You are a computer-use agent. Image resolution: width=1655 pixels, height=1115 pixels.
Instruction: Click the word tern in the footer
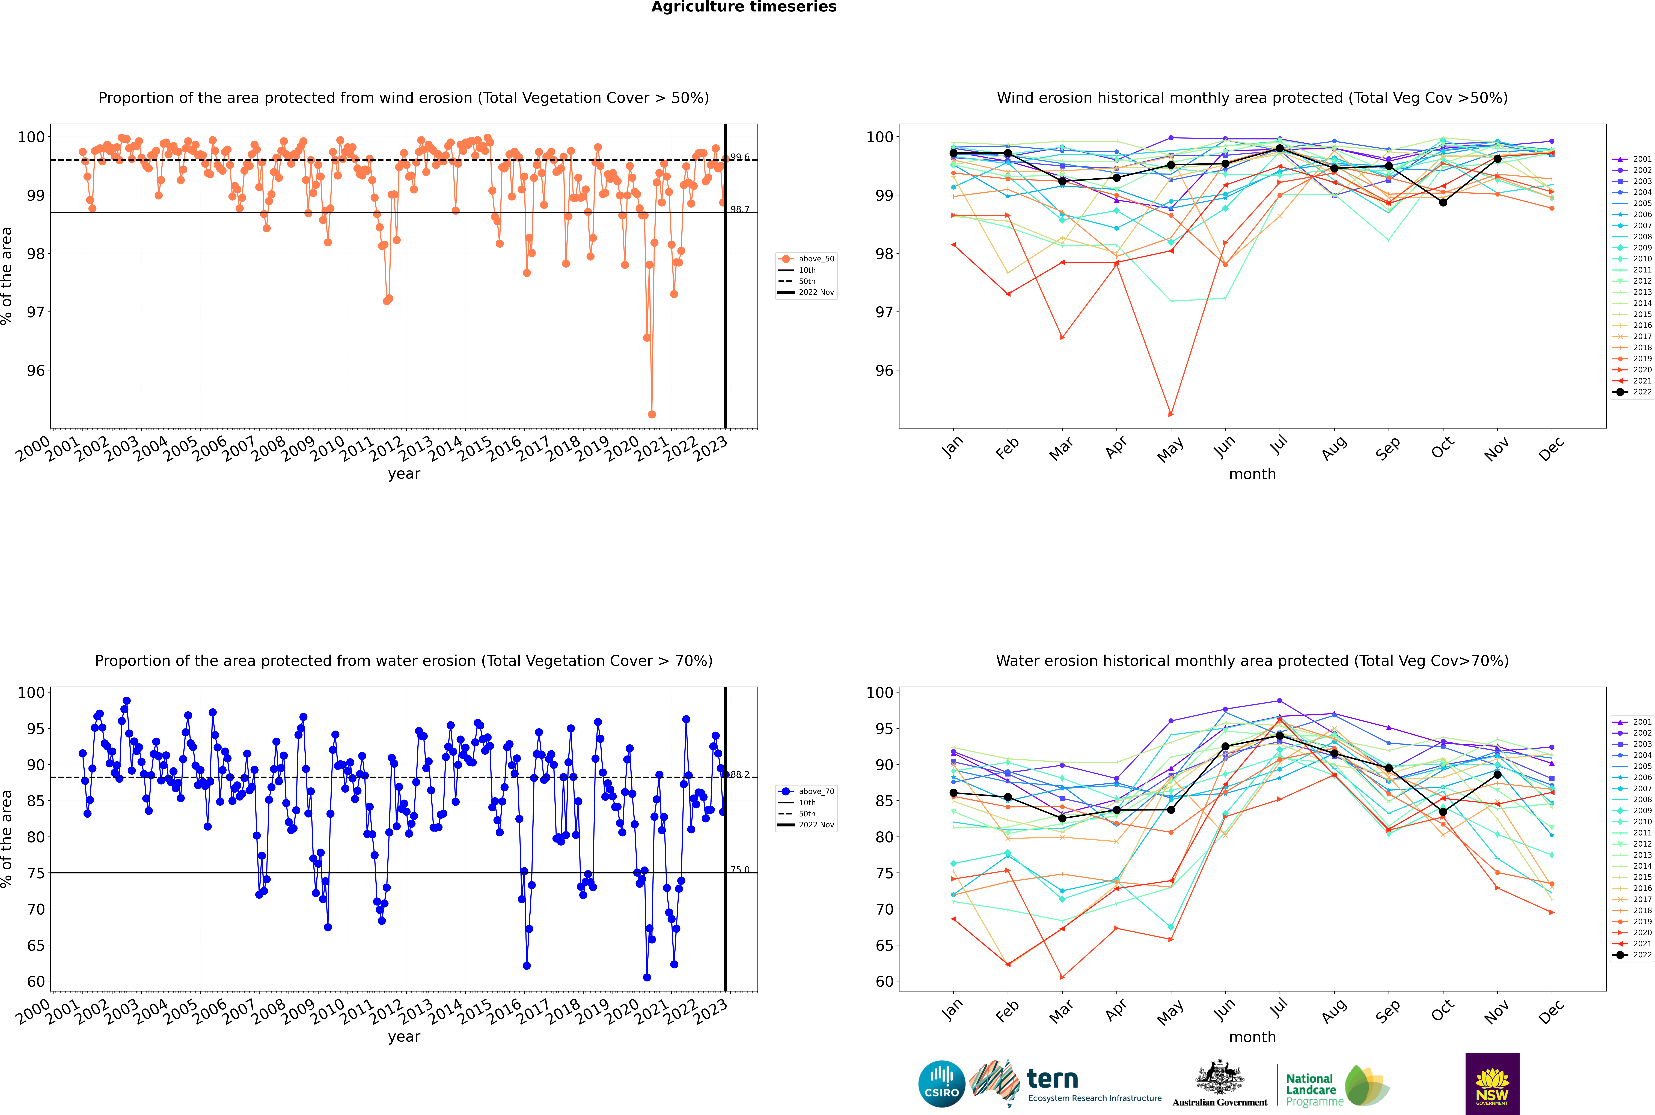(1052, 1080)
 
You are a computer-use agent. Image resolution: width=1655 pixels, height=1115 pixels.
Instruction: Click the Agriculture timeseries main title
(744, 7)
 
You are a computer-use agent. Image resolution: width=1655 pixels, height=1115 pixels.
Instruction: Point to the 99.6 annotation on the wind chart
(740, 157)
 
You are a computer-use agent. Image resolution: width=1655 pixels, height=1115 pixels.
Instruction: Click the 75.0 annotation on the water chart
(740, 870)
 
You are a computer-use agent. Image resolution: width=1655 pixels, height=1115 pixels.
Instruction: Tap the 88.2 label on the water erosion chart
(740, 774)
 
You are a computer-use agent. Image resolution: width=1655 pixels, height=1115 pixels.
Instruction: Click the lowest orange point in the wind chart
(652, 414)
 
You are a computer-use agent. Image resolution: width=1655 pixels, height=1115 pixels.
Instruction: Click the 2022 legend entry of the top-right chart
(1632, 392)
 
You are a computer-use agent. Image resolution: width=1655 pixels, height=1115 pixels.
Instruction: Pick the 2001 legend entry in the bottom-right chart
(1632, 722)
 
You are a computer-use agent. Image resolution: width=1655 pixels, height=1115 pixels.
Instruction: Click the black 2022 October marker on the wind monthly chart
(1443, 203)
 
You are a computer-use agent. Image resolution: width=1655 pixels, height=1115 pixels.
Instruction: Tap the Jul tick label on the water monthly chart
(1279, 1007)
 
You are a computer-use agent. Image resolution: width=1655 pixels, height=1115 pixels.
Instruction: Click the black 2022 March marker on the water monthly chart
(1062, 819)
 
